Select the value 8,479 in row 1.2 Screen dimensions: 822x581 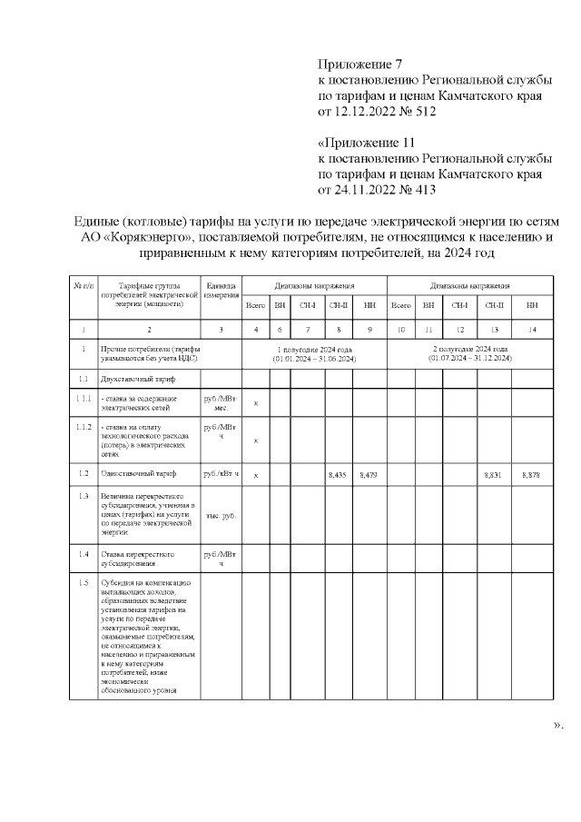click(x=369, y=474)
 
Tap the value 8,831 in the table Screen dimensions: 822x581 click(x=493, y=474)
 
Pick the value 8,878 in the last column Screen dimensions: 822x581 click(x=531, y=474)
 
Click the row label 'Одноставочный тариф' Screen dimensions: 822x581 click(x=139, y=474)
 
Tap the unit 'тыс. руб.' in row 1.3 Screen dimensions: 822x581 click(x=221, y=516)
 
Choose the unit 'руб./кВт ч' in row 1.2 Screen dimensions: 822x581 click(x=221, y=474)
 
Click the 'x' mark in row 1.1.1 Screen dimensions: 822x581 click(x=256, y=403)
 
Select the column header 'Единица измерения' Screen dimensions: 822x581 click(x=221, y=291)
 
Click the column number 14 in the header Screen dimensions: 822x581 click(x=531, y=328)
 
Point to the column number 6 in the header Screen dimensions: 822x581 click(x=280, y=328)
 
